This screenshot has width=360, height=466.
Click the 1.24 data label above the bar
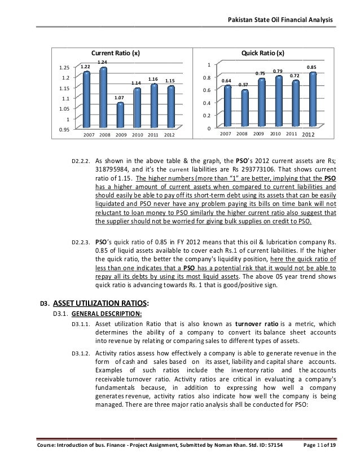coord(102,61)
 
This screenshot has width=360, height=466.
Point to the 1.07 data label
coord(119,98)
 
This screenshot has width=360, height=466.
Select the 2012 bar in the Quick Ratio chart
coord(311,98)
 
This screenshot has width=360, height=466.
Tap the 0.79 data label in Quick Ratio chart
coord(278,71)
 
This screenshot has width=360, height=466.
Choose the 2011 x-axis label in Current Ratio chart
coord(153,135)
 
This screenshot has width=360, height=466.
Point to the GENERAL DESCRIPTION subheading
coord(102,314)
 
